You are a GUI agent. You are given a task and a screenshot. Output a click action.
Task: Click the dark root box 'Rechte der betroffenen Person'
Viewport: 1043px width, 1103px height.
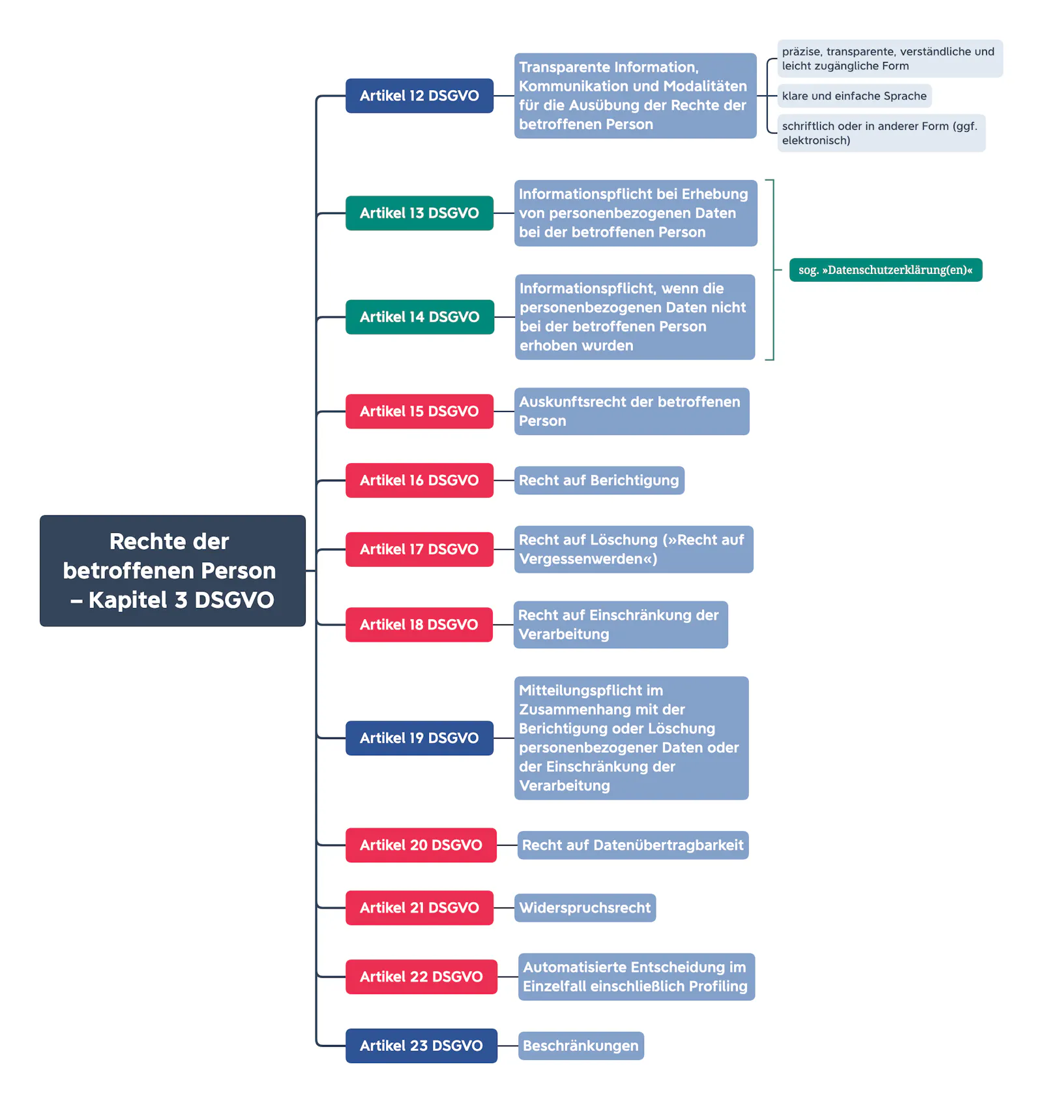pos(173,571)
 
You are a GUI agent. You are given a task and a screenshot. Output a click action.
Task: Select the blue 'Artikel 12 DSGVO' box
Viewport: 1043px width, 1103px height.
pos(419,96)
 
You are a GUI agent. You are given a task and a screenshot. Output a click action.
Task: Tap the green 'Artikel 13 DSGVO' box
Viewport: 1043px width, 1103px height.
pos(419,213)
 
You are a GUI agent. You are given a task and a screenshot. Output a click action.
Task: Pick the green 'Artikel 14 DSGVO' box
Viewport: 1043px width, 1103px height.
pos(420,317)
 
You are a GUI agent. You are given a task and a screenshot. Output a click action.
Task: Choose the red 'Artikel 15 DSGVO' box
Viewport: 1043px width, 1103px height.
pos(419,412)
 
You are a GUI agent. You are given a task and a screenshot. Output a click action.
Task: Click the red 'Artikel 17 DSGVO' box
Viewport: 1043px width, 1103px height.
pos(419,549)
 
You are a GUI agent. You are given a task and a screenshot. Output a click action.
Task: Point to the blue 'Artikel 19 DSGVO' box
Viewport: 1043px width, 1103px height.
pos(419,738)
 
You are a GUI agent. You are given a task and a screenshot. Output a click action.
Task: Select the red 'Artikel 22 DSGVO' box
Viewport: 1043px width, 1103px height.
pos(421,977)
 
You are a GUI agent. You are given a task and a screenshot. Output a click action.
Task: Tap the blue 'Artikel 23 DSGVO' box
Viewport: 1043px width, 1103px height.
pos(421,1046)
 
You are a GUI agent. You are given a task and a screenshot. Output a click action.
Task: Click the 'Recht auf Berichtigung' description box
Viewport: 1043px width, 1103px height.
pos(599,481)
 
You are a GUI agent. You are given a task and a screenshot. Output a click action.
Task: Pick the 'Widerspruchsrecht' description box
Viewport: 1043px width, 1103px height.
pos(585,908)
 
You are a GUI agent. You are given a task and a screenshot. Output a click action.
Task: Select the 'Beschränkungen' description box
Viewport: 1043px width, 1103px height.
pos(581,1046)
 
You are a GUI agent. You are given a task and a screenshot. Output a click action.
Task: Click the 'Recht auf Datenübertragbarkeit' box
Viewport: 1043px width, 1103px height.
pos(633,845)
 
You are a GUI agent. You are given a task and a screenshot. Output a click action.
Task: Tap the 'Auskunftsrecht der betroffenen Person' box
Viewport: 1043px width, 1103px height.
pos(632,412)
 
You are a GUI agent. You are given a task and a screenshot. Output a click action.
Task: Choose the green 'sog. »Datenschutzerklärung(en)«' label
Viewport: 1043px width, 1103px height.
pos(886,270)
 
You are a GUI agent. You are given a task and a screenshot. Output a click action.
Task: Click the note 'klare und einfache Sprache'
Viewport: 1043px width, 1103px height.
pos(855,96)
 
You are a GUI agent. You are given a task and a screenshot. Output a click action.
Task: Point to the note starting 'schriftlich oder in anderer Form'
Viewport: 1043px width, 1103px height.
pos(881,133)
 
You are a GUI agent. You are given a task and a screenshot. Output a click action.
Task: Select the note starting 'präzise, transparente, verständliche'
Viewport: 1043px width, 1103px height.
pos(890,59)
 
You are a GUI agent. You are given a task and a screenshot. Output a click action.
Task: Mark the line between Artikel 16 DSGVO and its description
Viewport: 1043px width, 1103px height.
pos(504,481)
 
